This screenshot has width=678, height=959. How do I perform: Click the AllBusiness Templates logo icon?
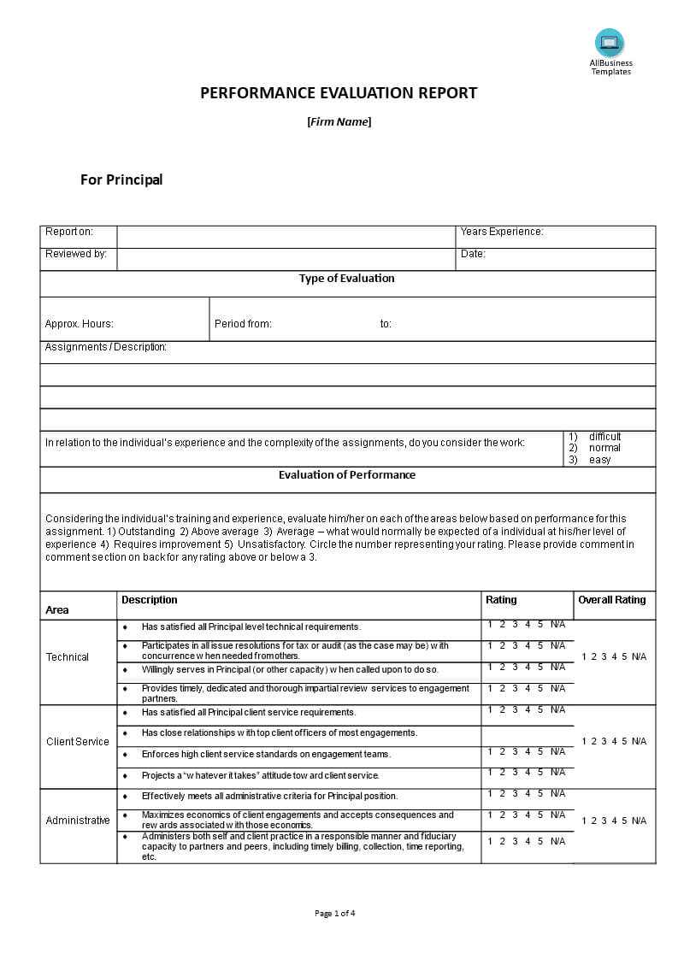click(610, 43)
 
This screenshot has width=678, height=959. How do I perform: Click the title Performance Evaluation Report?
click(339, 93)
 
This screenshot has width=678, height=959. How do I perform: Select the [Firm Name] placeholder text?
click(339, 121)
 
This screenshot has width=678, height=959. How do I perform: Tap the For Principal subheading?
click(121, 179)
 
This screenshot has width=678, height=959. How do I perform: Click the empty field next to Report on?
click(286, 237)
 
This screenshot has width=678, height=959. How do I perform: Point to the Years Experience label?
click(502, 232)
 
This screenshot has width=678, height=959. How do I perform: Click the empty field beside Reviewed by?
click(286, 259)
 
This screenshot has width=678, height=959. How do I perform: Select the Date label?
click(473, 254)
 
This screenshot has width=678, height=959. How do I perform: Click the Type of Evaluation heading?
click(346, 279)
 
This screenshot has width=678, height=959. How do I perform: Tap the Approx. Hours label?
click(79, 324)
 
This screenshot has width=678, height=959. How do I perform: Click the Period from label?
click(243, 324)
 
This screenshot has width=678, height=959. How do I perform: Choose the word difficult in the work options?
click(604, 437)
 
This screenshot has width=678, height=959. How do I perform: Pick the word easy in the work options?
click(599, 460)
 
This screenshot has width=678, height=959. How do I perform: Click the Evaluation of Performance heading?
click(346, 475)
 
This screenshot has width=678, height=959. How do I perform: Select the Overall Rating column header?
click(611, 600)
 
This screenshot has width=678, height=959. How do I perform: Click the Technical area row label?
click(68, 657)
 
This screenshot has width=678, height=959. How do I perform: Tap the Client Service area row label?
click(78, 742)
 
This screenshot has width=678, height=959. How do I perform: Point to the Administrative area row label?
click(78, 821)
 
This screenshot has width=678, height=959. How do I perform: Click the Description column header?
click(150, 600)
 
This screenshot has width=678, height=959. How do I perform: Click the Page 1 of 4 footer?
click(335, 913)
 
